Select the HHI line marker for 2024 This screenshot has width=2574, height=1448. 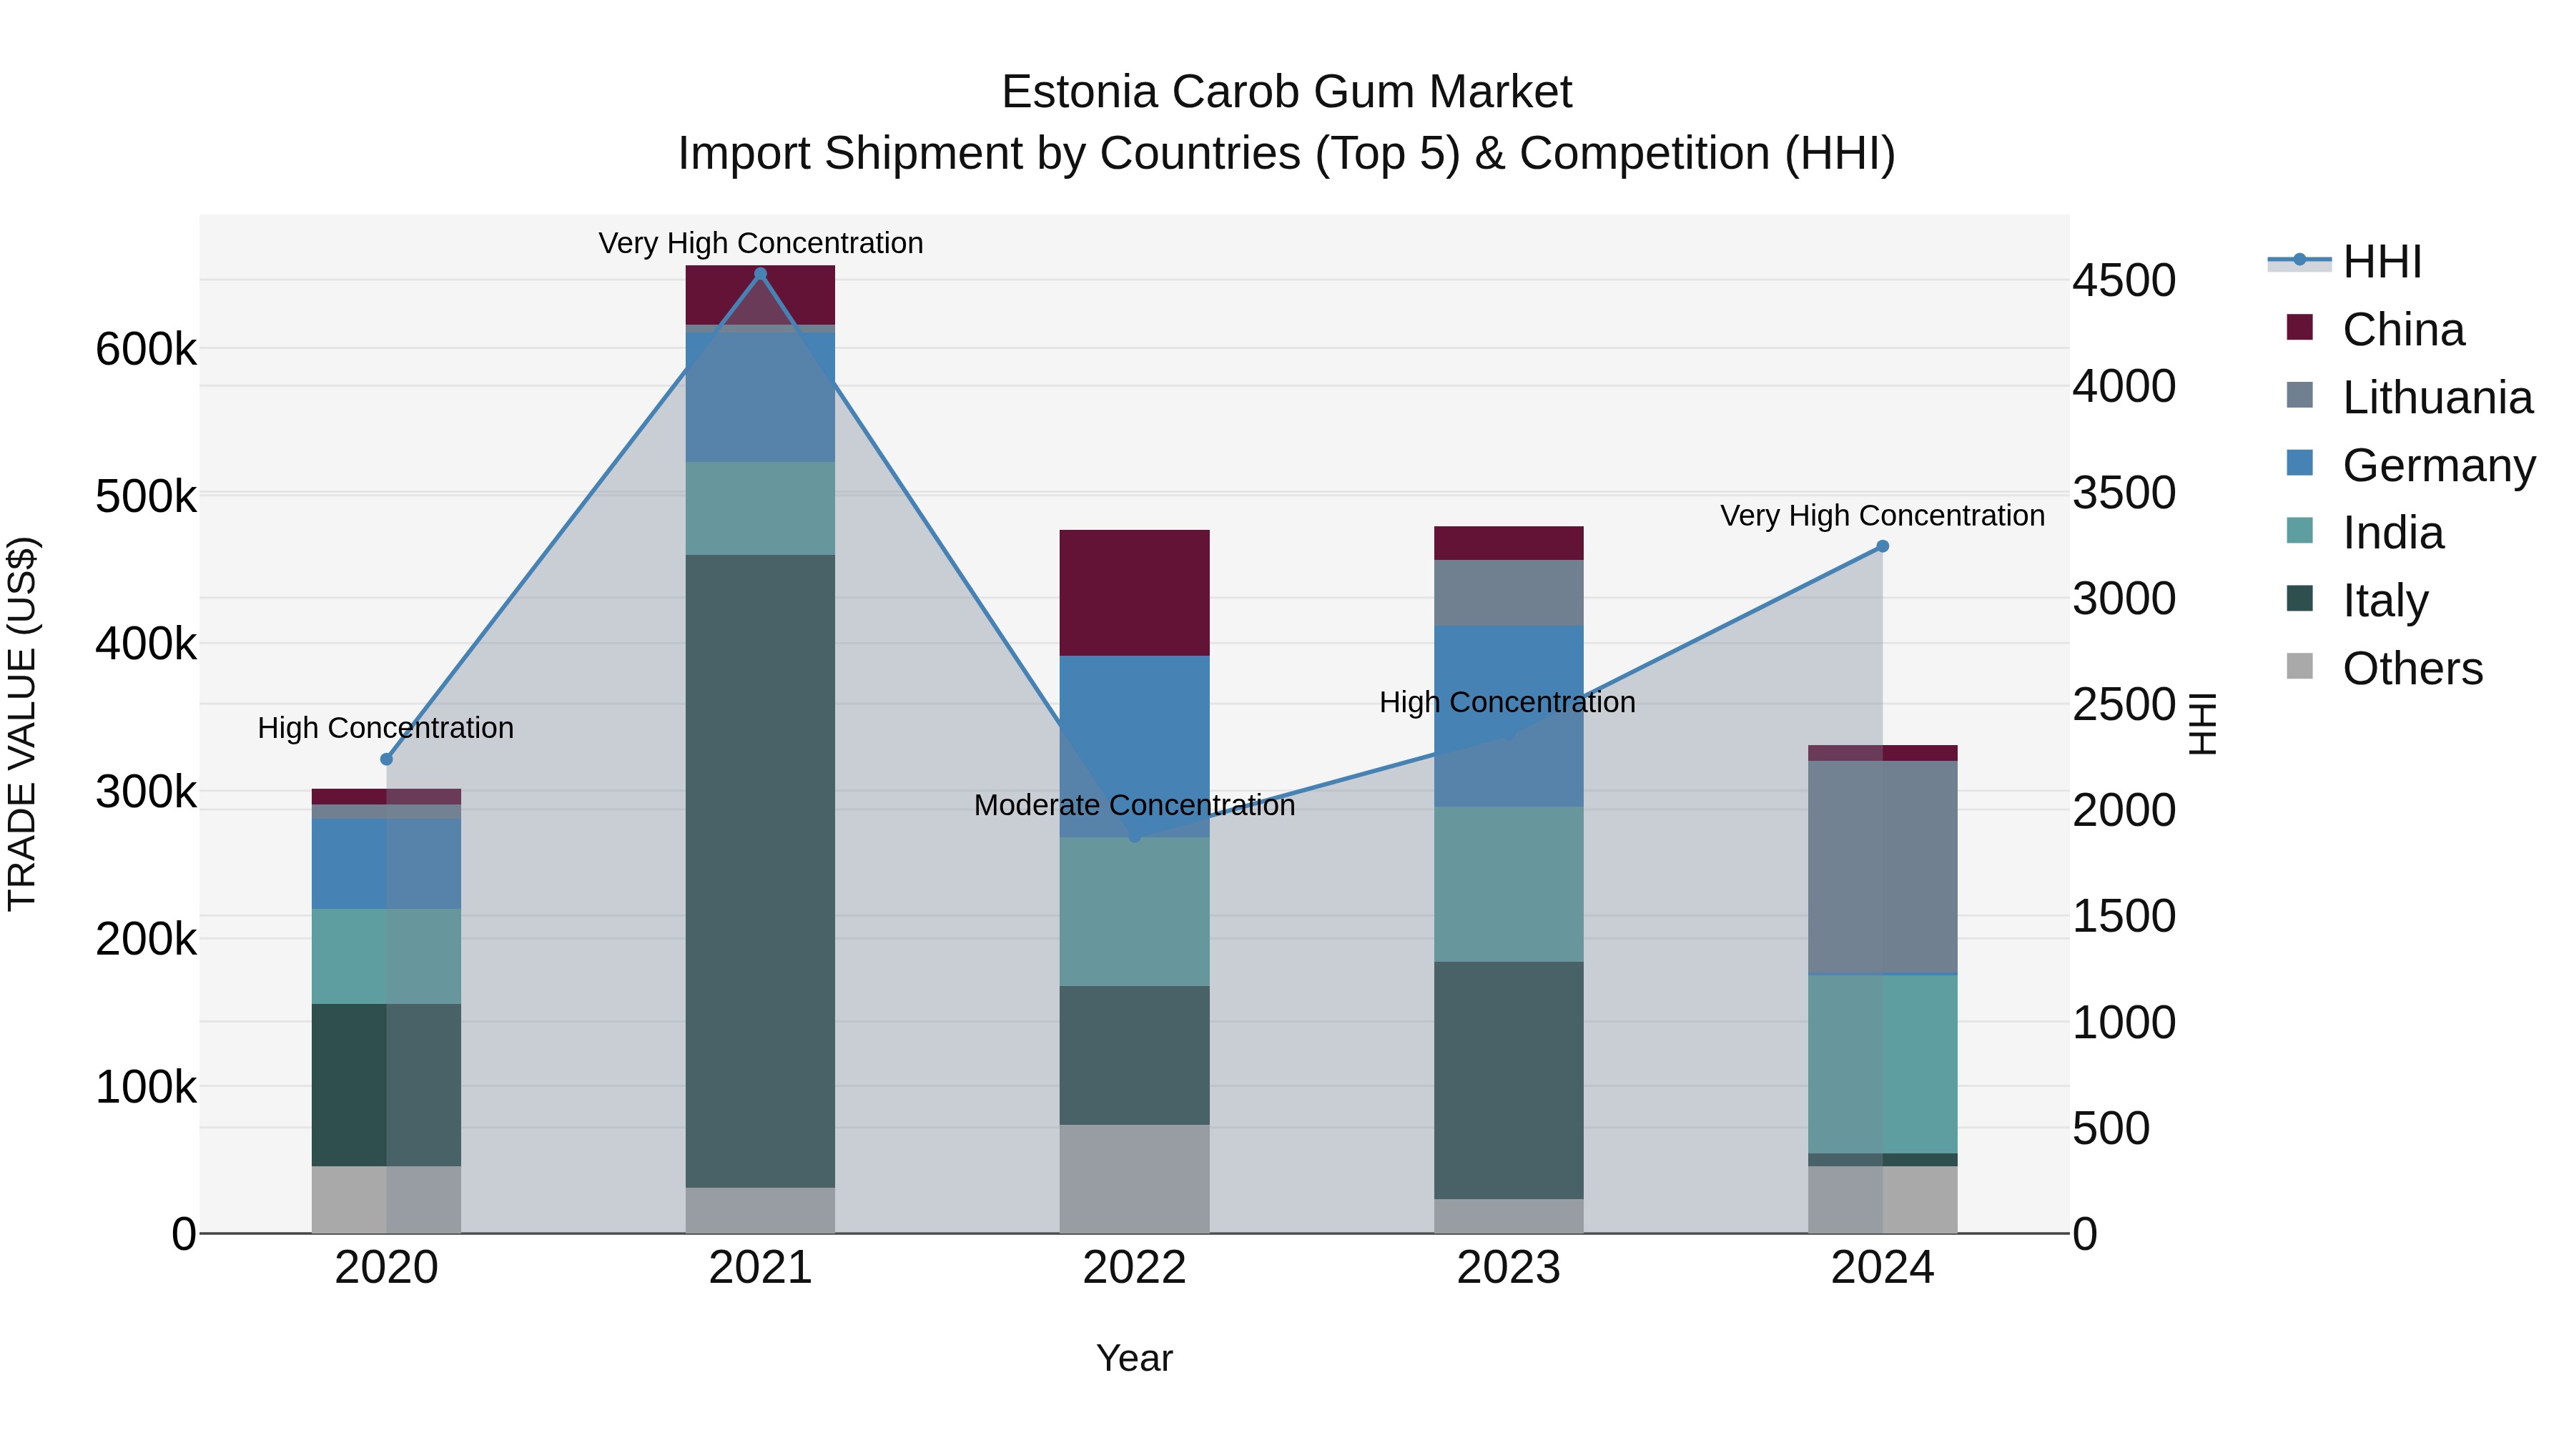(x=1883, y=546)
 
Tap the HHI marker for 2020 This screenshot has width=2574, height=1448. (x=387, y=759)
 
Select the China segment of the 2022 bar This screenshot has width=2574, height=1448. (x=1134, y=593)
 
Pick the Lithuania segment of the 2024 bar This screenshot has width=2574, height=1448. (x=1883, y=867)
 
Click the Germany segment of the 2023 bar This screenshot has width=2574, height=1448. (x=1509, y=716)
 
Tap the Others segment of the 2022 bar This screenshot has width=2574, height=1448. (x=1134, y=1179)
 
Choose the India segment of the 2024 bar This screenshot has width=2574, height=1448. (x=1883, y=1064)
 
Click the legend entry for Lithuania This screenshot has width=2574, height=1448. (x=2436, y=398)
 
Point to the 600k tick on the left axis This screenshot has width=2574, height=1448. (x=146, y=350)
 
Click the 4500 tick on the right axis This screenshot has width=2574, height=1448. (x=2124, y=281)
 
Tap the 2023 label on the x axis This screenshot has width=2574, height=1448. (x=1509, y=1268)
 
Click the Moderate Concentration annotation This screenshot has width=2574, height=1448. (x=1134, y=805)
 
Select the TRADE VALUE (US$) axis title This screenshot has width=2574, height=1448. (x=22, y=724)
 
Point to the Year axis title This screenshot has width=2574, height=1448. (x=1134, y=1358)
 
